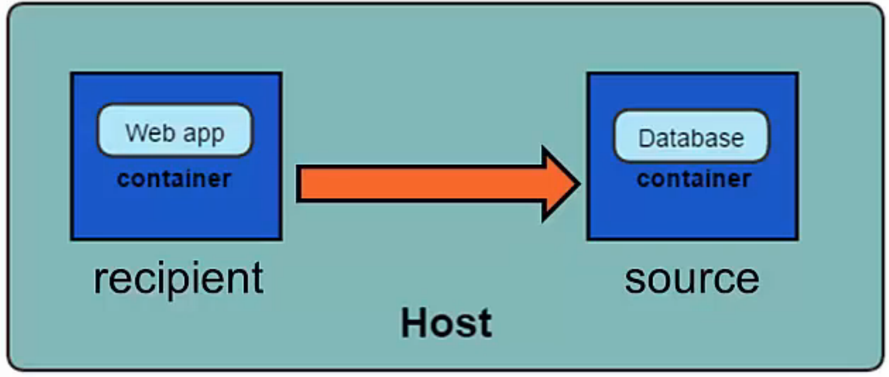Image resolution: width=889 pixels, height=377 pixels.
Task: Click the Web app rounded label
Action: coord(175,131)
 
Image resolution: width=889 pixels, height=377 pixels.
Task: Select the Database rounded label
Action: coord(691,136)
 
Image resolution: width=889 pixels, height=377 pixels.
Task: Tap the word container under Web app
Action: coord(174,179)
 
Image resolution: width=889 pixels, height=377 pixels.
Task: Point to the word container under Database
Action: coord(694,179)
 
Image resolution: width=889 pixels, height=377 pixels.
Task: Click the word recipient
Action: coord(178,279)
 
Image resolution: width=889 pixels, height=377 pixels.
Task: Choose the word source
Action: coord(691,279)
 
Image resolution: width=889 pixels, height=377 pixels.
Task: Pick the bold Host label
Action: coord(446,323)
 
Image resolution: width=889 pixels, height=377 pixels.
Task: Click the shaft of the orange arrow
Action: coord(419,184)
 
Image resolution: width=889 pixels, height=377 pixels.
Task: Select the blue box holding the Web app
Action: coord(176,212)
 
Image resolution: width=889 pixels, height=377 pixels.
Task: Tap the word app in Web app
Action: coord(204,134)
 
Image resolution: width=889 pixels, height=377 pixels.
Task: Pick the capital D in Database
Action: coord(647,138)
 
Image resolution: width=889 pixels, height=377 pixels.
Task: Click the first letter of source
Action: coord(635,281)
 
